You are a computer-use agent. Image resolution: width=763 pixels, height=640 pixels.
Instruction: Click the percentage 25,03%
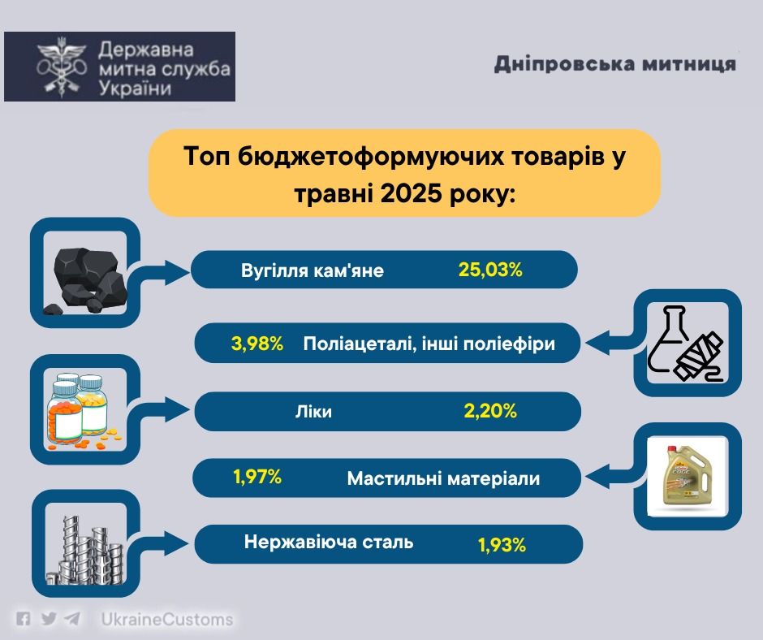(x=490, y=270)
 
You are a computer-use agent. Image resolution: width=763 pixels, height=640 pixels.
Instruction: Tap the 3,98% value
(x=257, y=344)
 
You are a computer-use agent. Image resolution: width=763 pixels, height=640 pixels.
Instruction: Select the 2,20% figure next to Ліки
(x=490, y=411)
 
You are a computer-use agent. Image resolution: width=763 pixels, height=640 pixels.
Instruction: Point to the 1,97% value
(x=257, y=477)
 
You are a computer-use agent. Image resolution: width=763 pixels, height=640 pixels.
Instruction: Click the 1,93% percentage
(x=502, y=545)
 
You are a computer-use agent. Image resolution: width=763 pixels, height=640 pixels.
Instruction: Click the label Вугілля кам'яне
(x=313, y=270)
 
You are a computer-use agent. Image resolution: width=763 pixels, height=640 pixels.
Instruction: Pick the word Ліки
(x=313, y=412)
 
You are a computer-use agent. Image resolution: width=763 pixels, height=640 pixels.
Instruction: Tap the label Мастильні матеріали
(x=443, y=478)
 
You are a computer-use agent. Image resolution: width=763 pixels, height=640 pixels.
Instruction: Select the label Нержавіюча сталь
(x=329, y=542)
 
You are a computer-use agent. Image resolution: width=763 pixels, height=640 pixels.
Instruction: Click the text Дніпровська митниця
(x=615, y=64)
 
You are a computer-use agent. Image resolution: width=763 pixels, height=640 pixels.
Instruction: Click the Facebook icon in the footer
(x=23, y=619)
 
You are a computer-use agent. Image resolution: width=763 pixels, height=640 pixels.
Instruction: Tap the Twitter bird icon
(x=48, y=619)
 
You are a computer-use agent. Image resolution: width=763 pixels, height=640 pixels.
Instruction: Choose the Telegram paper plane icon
(x=72, y=619)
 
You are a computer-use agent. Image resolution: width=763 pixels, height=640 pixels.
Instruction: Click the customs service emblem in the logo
(x=62, y=67)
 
